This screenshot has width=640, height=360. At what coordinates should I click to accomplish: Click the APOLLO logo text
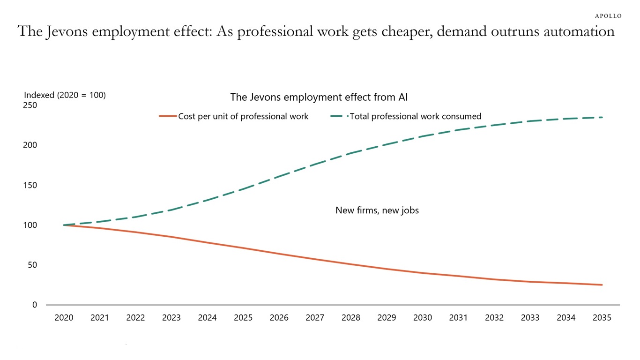pyautogui.click(x=608, y=16)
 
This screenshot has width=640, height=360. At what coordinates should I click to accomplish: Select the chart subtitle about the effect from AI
pyautogui.click(x=319, y=97)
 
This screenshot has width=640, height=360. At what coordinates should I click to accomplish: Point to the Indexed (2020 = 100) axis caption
pyautogui.click(x=65, y=95)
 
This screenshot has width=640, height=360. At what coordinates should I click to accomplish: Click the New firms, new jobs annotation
pyautogui.click(x=377, y=210)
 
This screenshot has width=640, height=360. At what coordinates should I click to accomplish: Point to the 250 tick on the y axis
pyautogui.click(x=30, y=105)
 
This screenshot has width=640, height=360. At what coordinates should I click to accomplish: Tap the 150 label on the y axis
pyautogui.click(x=30, y=185)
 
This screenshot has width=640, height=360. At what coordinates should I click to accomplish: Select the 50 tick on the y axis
pyautogui.click(x=32, y=265)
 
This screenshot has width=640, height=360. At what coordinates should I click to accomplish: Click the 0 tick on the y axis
pyautogui.click(x=35, y=305)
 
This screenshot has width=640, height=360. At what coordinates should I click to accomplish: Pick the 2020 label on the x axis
pyautogui.click(x=64, y=318)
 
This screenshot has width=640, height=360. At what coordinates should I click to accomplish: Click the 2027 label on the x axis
pyautogui.click(x=315, y=318)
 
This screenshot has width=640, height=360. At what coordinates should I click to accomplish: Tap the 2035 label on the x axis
pyautogui.click(x=602, y=318)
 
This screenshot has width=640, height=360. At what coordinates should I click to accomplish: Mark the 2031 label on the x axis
pyautogui.click(x=458, y=318)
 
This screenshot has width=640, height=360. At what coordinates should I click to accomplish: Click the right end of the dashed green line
pyautogui.click(x=602, y=117)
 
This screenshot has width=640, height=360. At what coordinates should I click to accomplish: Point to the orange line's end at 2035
pyautogui.click(x=602, y=285)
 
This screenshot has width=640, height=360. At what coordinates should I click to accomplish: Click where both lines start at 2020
pyautogui.click(x=64, y=225)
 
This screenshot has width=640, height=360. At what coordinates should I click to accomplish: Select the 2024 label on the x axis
pyautogui.click(x=207, y=318)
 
